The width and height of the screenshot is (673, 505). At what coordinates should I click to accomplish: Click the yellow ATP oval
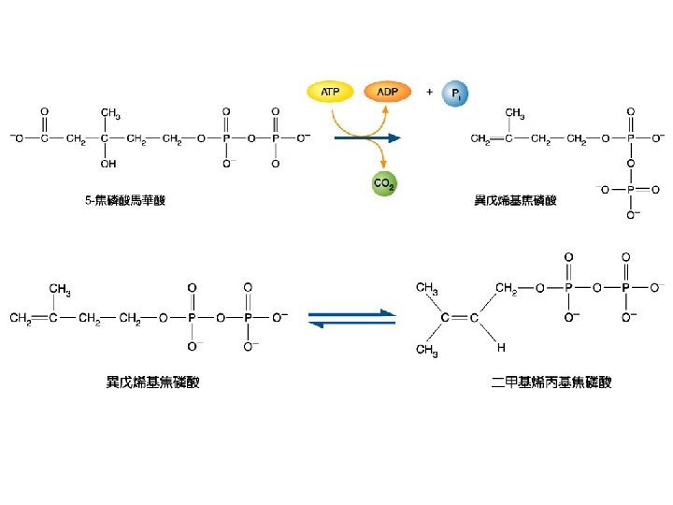click(330, 92)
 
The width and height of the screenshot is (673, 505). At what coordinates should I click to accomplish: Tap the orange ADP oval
click(386, 92)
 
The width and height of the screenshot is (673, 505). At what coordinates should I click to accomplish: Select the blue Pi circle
click(455, 94)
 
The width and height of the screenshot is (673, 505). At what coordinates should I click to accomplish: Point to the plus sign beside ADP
click(429, 92)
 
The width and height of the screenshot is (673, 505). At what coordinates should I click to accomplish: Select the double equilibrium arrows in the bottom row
click(351, 318)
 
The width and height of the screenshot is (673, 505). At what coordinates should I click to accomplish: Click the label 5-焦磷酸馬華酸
click(125, 200)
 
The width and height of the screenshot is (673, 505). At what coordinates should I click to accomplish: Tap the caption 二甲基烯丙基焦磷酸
click(551, 382)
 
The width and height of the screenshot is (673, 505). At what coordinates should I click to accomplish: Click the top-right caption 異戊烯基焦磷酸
click(515, 200)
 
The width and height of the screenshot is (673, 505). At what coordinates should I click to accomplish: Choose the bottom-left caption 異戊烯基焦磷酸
click(152, 382)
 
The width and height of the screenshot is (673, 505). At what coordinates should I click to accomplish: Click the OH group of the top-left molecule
click(108, 165)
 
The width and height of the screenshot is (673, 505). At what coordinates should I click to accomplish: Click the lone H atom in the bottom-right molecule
click(501, 348)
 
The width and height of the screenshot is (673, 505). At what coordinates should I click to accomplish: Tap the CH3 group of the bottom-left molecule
click(60, 288)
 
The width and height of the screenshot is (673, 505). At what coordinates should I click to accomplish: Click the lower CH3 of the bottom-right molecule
click(426, 350)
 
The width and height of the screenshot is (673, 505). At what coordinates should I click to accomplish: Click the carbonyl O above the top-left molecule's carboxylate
click(43, 111)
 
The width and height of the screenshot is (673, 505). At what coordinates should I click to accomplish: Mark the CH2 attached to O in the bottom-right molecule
click(507, 287)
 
